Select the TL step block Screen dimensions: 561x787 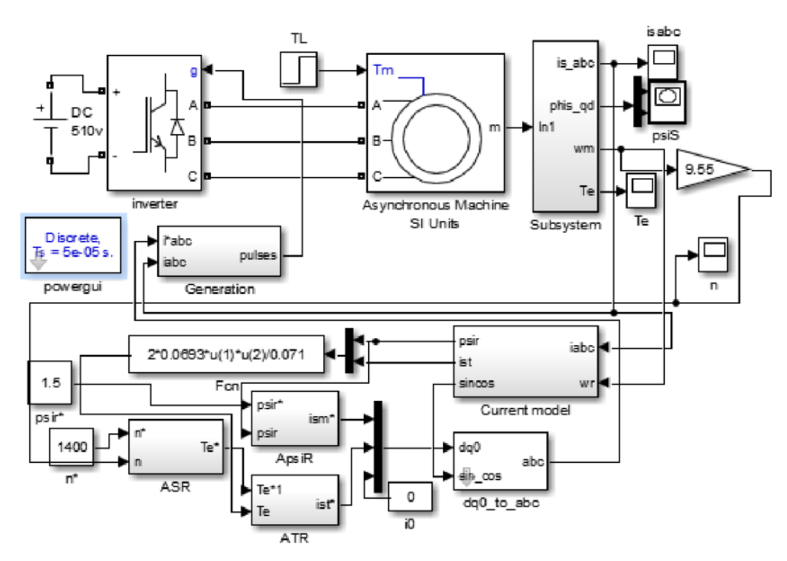(x=299, y=69)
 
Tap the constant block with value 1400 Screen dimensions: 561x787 (x=71, y=447)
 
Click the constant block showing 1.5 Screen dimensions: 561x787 (x=50, y=383)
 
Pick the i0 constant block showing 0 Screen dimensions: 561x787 (x=410, y=497)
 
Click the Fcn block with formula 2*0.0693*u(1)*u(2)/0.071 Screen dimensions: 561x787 (x=226, y=354)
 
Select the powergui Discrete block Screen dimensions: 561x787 (x=73, y=246)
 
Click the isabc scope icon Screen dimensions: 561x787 (x=663, y=61)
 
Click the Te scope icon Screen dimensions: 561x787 (x=641, y=190)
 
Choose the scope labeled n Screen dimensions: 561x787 (x=713, y=254)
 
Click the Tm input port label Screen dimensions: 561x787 (x=383, y=70)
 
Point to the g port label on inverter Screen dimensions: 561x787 (x=193, y=70)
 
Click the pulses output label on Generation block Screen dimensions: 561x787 (x=258, y=255)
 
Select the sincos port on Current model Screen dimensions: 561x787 (x=476, y=383)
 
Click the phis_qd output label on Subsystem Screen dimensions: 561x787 (x=571, y=105)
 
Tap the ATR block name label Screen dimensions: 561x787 (x=294, y=538)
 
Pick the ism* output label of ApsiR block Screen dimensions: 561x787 (x=321, y=419)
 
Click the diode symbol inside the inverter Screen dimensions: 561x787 (x=177, y=127)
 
